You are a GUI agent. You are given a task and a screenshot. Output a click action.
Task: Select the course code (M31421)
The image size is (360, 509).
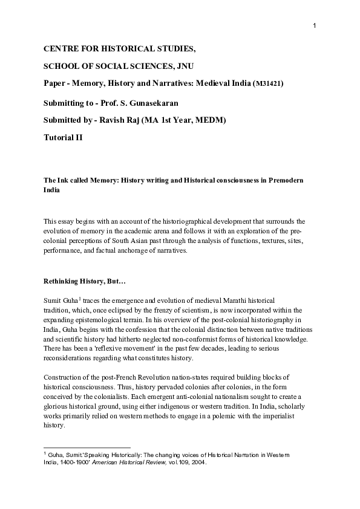click(267, 83)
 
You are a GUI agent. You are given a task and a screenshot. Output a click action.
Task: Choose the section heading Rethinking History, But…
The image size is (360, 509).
click(83, 280)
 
